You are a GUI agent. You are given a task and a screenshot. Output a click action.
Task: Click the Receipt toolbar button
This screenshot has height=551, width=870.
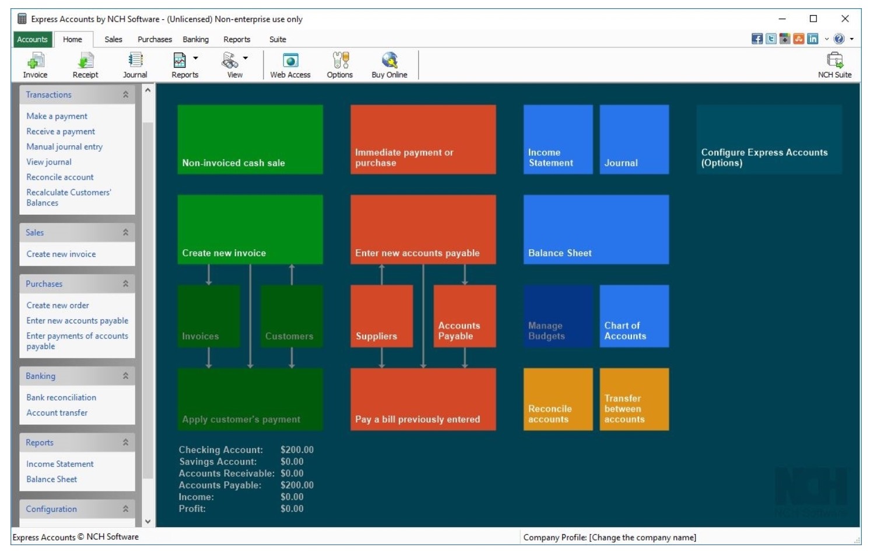pyautogui.click(x=86, y=65)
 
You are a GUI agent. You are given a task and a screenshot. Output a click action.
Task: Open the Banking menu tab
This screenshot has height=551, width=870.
pyautogui.click(x=196, y=39)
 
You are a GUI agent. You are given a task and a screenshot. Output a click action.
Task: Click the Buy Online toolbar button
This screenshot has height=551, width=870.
pyautogui.click(x=389, y=65)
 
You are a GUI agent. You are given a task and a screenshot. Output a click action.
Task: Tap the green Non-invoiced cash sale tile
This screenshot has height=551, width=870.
pyautogui.click(x=250, y=139)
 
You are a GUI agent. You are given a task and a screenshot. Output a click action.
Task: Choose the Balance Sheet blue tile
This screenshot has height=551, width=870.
pyautogui.click(x=596, y=229)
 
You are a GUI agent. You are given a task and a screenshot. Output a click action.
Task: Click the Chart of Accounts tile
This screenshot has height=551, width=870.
pyautogui.click(x=634, y=316)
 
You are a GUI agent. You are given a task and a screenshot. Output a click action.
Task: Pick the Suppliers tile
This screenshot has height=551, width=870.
pyautogui.click(x=382, y=316)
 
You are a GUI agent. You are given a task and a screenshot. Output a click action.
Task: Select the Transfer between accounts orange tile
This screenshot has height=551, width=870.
pyautogui.click(x=634, y=399)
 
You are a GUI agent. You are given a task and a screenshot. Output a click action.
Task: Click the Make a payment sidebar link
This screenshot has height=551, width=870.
pyautogui.click(x=57, y=116)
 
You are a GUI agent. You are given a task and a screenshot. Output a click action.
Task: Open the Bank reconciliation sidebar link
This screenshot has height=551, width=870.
pyautogui.click(x=61, y=397)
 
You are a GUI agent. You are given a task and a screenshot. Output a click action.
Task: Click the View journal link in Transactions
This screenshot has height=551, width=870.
pyautogui.click(x=49, y=162)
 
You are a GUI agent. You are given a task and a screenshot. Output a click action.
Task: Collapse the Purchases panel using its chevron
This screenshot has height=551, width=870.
pyautogui.click(x=125, y=284)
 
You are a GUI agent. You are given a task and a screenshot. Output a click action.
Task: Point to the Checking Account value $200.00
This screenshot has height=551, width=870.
pyautogui.click(x=297, y=450)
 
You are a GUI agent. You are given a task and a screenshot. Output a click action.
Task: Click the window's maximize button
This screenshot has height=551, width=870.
pyautogui.click(x=813, y=19)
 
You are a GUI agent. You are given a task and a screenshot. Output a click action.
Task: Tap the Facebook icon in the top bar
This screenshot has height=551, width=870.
pyautogui.click(x=757, y=39)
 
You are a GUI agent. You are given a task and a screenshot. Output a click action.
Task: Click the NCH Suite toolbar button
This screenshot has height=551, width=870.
pyautogui.click(x=834, y=65)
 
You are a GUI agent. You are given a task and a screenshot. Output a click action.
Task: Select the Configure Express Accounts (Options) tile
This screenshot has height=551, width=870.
pyautogui.click(x=769, y=139)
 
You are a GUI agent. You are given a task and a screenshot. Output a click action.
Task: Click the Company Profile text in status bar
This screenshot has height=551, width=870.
pyautogui.click(x=610, y=538)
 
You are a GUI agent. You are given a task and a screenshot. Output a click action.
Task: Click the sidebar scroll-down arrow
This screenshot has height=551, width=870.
pyautogui.click(x=148, y=521)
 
